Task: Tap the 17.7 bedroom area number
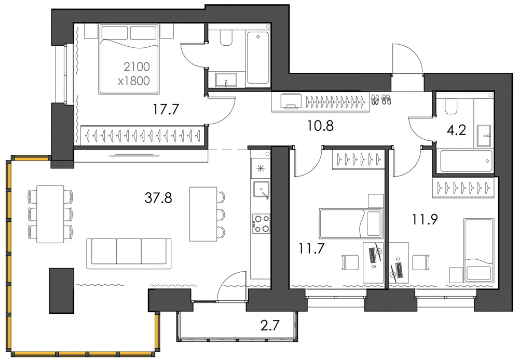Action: pos(166,109)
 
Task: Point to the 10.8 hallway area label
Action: pos(320,126)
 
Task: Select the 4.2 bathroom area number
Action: pos(456,130)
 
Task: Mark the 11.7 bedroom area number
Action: pos(311,248)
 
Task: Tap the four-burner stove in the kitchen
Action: pos(261,224)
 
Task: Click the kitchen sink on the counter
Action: pos(261,190)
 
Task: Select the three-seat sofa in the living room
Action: pos(129,254)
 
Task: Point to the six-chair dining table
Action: pos(50,214)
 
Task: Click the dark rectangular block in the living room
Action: pos(62,291)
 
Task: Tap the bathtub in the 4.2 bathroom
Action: pos(466,161)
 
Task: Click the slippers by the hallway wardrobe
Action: pos(380,99)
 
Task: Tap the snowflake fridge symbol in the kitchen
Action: pos(261,169)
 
